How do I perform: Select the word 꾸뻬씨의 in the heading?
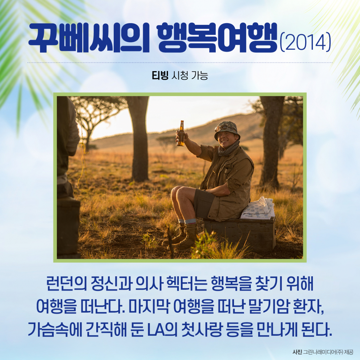[x=89, y=38]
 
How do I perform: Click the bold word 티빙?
[x=160, y=76]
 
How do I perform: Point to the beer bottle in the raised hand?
[x=181, y=133]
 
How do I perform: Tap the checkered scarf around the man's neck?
[x=228, y=148]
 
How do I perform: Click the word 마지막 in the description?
[x=149, y=307]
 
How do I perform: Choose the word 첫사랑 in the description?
[x=202, y=330]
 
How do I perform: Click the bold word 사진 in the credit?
[x=297, y=352]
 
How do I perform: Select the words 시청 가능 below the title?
[x=189, y=76]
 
